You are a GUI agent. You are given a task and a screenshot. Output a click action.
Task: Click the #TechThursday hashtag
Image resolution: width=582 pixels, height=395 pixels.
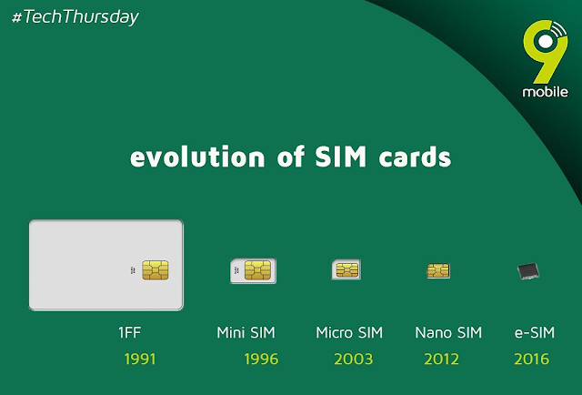[75, 17]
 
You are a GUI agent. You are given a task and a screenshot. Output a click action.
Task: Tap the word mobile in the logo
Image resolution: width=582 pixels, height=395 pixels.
[545, 92]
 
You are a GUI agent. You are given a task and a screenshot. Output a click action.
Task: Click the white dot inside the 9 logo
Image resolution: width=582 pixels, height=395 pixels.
[546, 42]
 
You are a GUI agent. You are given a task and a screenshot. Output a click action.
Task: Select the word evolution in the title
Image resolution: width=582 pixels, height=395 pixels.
[197, 157]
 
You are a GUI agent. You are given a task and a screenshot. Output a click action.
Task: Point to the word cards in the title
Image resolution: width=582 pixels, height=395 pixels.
[415, 157]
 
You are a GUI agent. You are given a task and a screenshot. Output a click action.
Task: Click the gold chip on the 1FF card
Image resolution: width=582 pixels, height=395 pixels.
[156, 269]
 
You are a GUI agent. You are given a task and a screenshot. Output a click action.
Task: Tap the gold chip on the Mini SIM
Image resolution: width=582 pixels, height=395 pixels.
[257, 270]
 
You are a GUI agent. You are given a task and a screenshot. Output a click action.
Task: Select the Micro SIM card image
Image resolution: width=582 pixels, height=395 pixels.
[346, 269]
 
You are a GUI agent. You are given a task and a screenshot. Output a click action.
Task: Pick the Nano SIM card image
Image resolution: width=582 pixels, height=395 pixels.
[438, 270]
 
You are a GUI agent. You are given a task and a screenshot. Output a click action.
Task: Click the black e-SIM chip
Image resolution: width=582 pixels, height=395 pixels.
[528, 271]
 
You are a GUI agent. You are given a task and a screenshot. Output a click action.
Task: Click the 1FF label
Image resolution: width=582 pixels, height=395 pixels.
[129, 332]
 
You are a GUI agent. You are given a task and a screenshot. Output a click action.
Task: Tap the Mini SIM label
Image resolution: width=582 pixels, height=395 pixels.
[246, 332]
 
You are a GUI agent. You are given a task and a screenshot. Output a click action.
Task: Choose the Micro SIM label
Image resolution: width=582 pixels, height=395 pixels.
[349, 332]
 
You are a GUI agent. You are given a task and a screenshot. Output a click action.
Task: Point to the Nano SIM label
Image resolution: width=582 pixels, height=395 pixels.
[448, 332]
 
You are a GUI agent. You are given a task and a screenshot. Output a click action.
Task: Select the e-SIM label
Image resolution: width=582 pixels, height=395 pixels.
[535, 332]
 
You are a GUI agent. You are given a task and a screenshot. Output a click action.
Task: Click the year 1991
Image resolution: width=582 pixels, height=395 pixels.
[140, 359]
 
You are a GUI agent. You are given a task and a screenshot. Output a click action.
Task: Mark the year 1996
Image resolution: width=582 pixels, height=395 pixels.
[261, 359]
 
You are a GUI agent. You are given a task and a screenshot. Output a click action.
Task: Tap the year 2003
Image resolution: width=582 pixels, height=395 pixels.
[354, 359]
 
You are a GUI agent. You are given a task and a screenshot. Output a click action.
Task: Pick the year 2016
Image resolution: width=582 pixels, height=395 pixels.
[531, 359]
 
